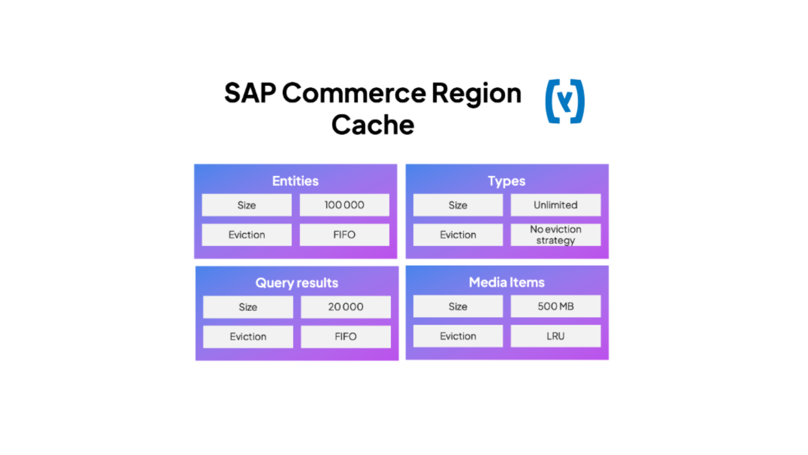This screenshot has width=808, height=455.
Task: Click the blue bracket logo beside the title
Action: pos(565,102)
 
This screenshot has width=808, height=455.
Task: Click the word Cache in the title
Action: pos(373,125)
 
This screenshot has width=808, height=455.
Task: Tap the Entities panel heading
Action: pos(295,181)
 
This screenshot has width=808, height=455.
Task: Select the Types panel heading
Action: pos(507,181)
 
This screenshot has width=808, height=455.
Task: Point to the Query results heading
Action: pos(297,283)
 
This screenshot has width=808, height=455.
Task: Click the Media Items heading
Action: pos(507,282)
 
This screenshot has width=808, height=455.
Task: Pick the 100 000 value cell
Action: pos(344,205)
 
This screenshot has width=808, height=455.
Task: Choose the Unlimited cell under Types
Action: pos(555,205)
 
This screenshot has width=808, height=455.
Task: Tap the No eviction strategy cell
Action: pos(555,235)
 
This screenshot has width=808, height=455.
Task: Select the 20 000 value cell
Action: pos(346,307)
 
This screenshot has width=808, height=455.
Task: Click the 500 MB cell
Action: pos(555,306)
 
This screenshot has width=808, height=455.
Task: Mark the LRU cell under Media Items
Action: pos(555,336)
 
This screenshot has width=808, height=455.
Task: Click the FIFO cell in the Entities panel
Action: pos(344,235)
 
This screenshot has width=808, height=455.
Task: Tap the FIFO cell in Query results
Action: pos(346,337)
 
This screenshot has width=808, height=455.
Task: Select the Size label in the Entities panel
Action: pos(247,205)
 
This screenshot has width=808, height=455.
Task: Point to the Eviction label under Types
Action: pos(458,235)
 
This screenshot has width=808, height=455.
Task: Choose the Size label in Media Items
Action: pos(458,306)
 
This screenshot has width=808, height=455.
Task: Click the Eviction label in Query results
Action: pos(248,337)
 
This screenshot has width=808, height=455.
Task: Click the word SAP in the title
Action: pos(250,93)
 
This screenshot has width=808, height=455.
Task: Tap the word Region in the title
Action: pos(477,93)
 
